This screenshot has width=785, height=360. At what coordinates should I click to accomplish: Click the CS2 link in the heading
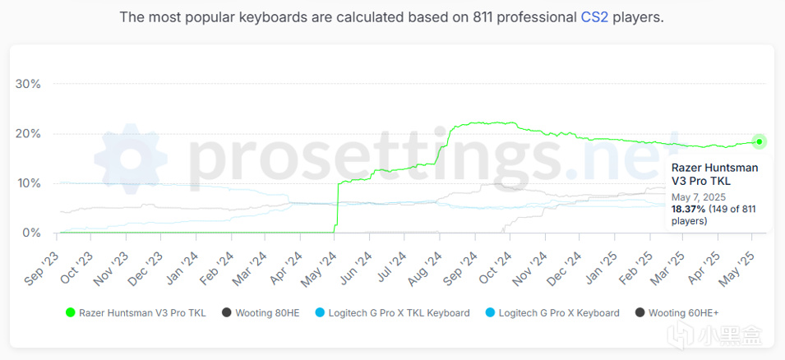click(594, 17)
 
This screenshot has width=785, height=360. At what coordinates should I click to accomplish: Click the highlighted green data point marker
click(760, 141)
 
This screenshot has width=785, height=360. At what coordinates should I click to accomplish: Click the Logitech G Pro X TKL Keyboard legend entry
click(391, 312)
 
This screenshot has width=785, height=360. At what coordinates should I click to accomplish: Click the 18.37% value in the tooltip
click(687, 210)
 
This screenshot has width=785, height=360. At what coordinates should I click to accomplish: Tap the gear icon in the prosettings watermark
click(132, 160)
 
